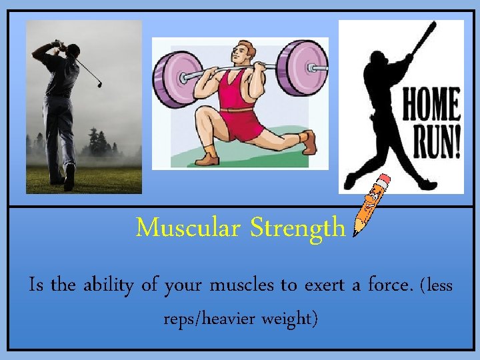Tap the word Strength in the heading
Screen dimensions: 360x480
298,229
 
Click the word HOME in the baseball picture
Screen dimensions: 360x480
431,107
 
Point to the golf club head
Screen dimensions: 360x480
100,84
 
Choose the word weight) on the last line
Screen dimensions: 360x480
291,320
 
